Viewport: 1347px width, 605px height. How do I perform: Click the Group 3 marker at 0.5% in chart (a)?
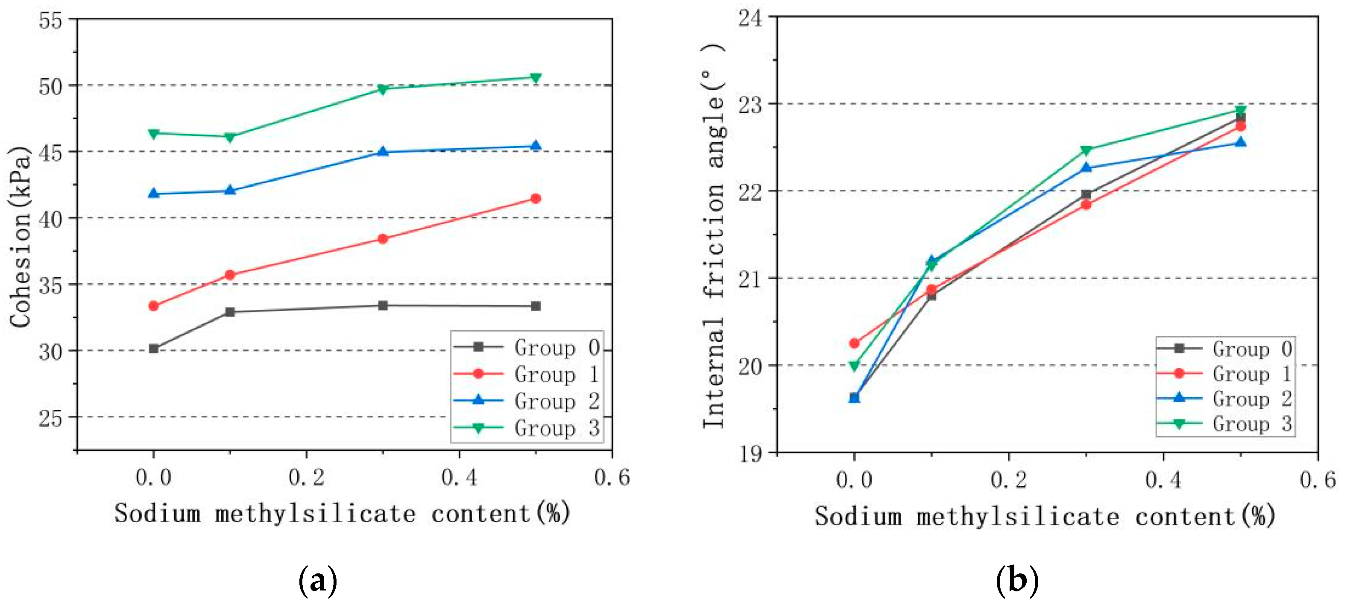[x=536, y=78]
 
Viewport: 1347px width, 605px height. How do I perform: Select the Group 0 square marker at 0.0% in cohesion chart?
[x=153, y=348]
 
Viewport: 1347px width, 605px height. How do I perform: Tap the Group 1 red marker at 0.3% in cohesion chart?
[x=383, y=239]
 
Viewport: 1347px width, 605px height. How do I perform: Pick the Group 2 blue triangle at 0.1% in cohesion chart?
[x=230, y=190]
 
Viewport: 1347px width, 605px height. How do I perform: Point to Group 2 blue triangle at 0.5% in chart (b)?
[x=1240, y=142]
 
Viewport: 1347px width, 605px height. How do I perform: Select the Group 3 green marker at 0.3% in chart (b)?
[x=1086, y=150]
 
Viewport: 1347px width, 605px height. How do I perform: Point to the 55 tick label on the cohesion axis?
[x=51, y=21]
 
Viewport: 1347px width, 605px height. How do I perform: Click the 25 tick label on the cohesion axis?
[x=51, y=418]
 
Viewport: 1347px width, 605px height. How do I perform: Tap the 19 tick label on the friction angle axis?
[x=750, y=453]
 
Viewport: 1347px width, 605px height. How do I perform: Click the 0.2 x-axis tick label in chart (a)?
[x=306, y=477]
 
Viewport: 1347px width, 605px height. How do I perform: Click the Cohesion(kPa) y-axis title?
[x=20, y=236]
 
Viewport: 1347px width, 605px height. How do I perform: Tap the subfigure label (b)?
[x=1017, y=580]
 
